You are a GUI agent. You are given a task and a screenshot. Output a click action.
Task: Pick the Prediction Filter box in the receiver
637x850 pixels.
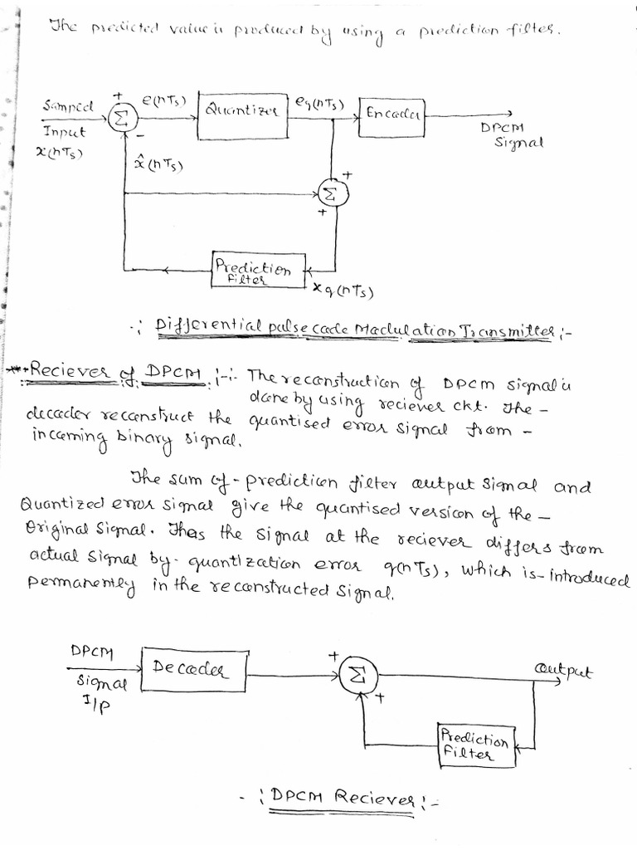point(475,745)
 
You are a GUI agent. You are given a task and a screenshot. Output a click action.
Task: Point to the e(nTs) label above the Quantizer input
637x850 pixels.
point(163,100)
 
